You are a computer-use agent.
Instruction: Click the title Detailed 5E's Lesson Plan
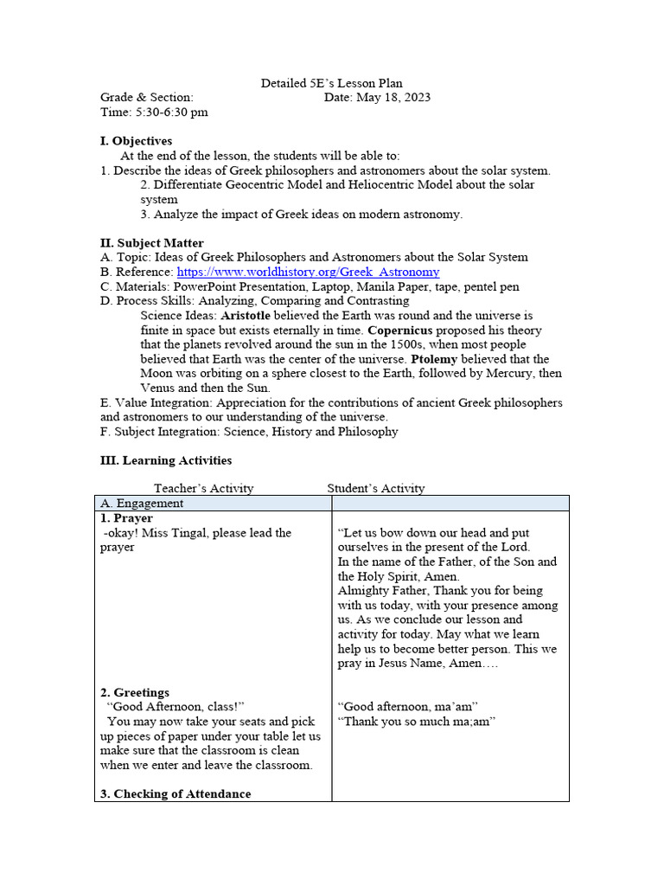tap(332, 84)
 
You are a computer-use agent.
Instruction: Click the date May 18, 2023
tap(392, 98)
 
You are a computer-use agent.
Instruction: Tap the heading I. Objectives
tap(137, 141)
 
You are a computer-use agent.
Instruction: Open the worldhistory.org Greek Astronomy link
tap(308, 272)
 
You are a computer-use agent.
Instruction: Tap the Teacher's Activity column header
tap(204, 488)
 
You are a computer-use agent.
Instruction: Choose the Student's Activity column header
tap(376, 488)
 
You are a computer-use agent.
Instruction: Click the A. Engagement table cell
tap(142, 503)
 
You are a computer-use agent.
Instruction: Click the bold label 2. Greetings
tap(135, 692)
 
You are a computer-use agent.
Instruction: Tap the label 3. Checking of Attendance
tap(176, 794)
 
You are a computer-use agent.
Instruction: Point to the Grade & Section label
tap(147, 98)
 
